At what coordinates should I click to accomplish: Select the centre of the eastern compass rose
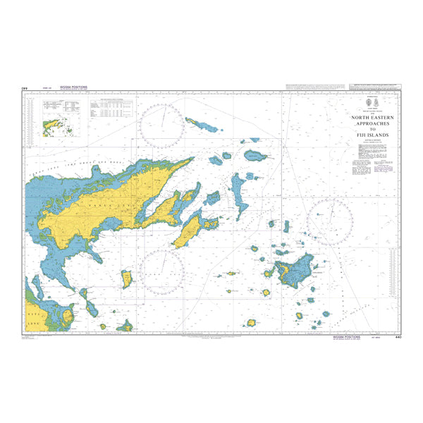330,222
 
